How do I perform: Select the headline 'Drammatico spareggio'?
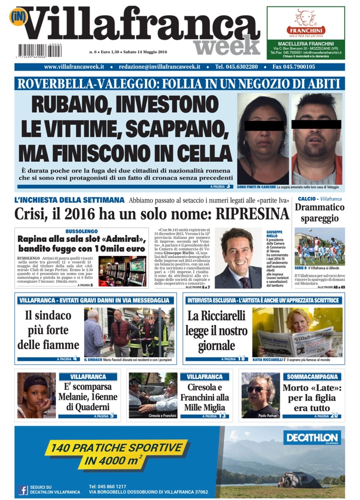320,213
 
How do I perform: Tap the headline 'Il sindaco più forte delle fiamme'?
48,330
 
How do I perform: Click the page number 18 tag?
241,359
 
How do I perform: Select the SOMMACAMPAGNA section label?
312,377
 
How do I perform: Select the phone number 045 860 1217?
107,486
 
